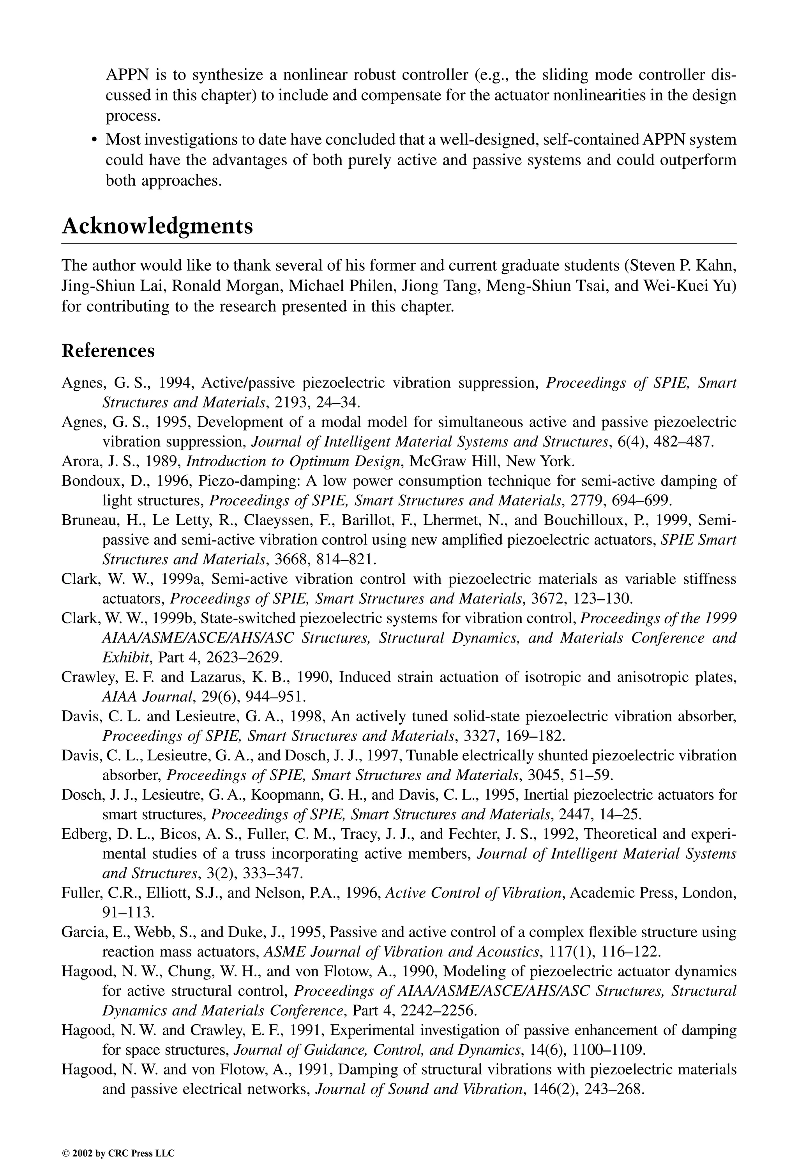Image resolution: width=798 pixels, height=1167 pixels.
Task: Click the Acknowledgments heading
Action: point(157,227)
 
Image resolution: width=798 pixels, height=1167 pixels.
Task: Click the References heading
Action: point(108,351)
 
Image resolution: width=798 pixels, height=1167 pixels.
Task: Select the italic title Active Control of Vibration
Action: point(474,893)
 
